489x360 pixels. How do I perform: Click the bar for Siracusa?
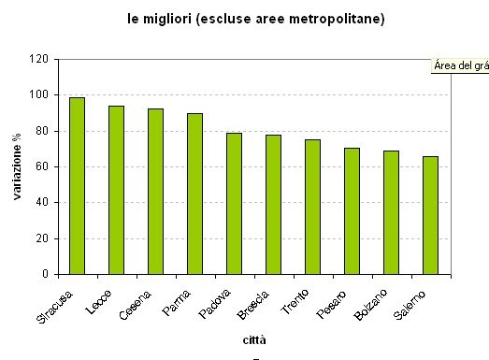point(77,185)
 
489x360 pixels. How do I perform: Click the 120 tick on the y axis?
point(38,59)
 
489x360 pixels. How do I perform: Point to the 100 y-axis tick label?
point(38,95)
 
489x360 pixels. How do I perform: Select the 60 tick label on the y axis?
point(41,166)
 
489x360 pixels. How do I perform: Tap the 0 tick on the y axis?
point(44,275)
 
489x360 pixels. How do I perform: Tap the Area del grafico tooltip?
point(460,65)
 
